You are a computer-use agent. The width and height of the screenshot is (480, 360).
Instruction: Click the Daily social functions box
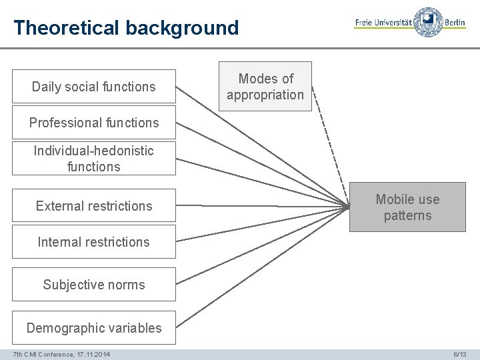(93, 87)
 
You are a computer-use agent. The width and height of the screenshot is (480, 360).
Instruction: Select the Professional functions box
(93, 123)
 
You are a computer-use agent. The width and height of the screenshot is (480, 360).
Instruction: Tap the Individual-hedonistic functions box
(93, 159)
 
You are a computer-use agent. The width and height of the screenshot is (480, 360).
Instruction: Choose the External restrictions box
(93, 206)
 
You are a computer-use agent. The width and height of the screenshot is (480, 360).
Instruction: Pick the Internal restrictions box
(93, 242)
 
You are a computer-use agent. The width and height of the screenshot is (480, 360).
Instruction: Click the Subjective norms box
(93, 285)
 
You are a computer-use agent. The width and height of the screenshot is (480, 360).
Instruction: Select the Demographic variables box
(93, 328)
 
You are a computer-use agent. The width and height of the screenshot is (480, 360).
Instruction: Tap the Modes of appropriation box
(265, 87)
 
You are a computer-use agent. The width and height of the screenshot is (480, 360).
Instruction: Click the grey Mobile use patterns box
(407, 207)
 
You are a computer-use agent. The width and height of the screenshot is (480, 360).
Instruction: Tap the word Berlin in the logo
(455, 23)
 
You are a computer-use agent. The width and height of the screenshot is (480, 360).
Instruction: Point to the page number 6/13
(460, 354)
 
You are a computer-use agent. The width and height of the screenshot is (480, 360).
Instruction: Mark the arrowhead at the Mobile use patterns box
(347, 207)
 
